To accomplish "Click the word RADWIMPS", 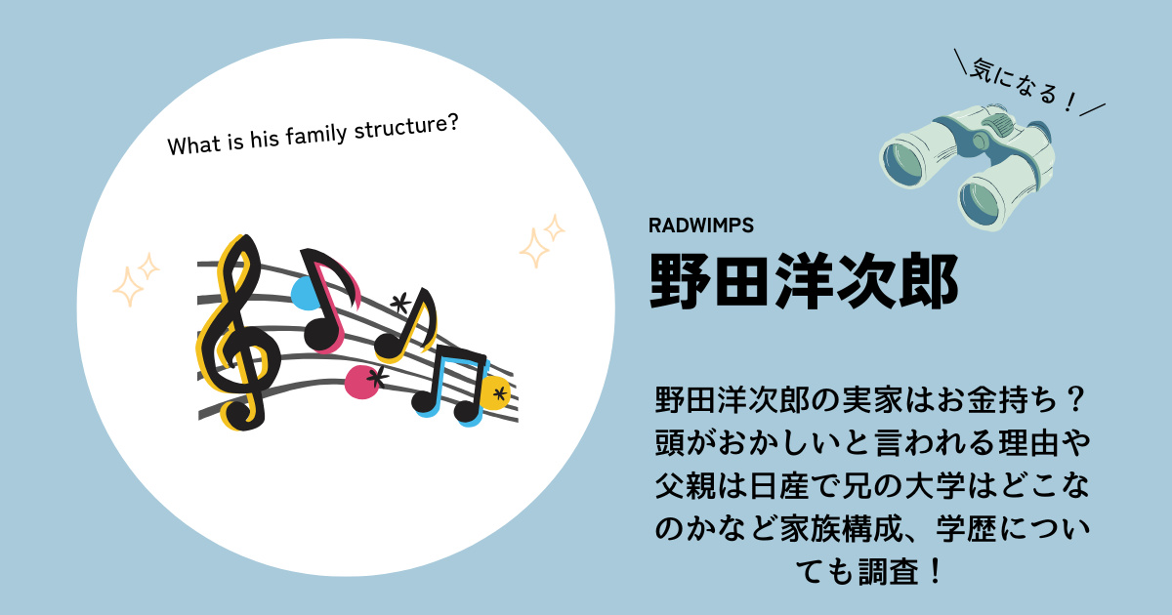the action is tap(700, 225).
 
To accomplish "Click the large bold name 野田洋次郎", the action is tap(804, 281).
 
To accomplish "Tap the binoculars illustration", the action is tap(966, 166).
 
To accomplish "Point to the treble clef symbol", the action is tap(238, 333).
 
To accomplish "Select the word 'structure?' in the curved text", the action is tap(406, 126).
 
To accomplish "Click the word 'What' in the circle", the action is tap(193, 144).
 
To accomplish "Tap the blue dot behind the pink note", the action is tap(305, 294).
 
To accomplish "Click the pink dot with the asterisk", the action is tap(364, 382).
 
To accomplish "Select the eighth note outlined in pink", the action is tap(329, 301).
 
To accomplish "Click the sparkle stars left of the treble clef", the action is tap(136, 279).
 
